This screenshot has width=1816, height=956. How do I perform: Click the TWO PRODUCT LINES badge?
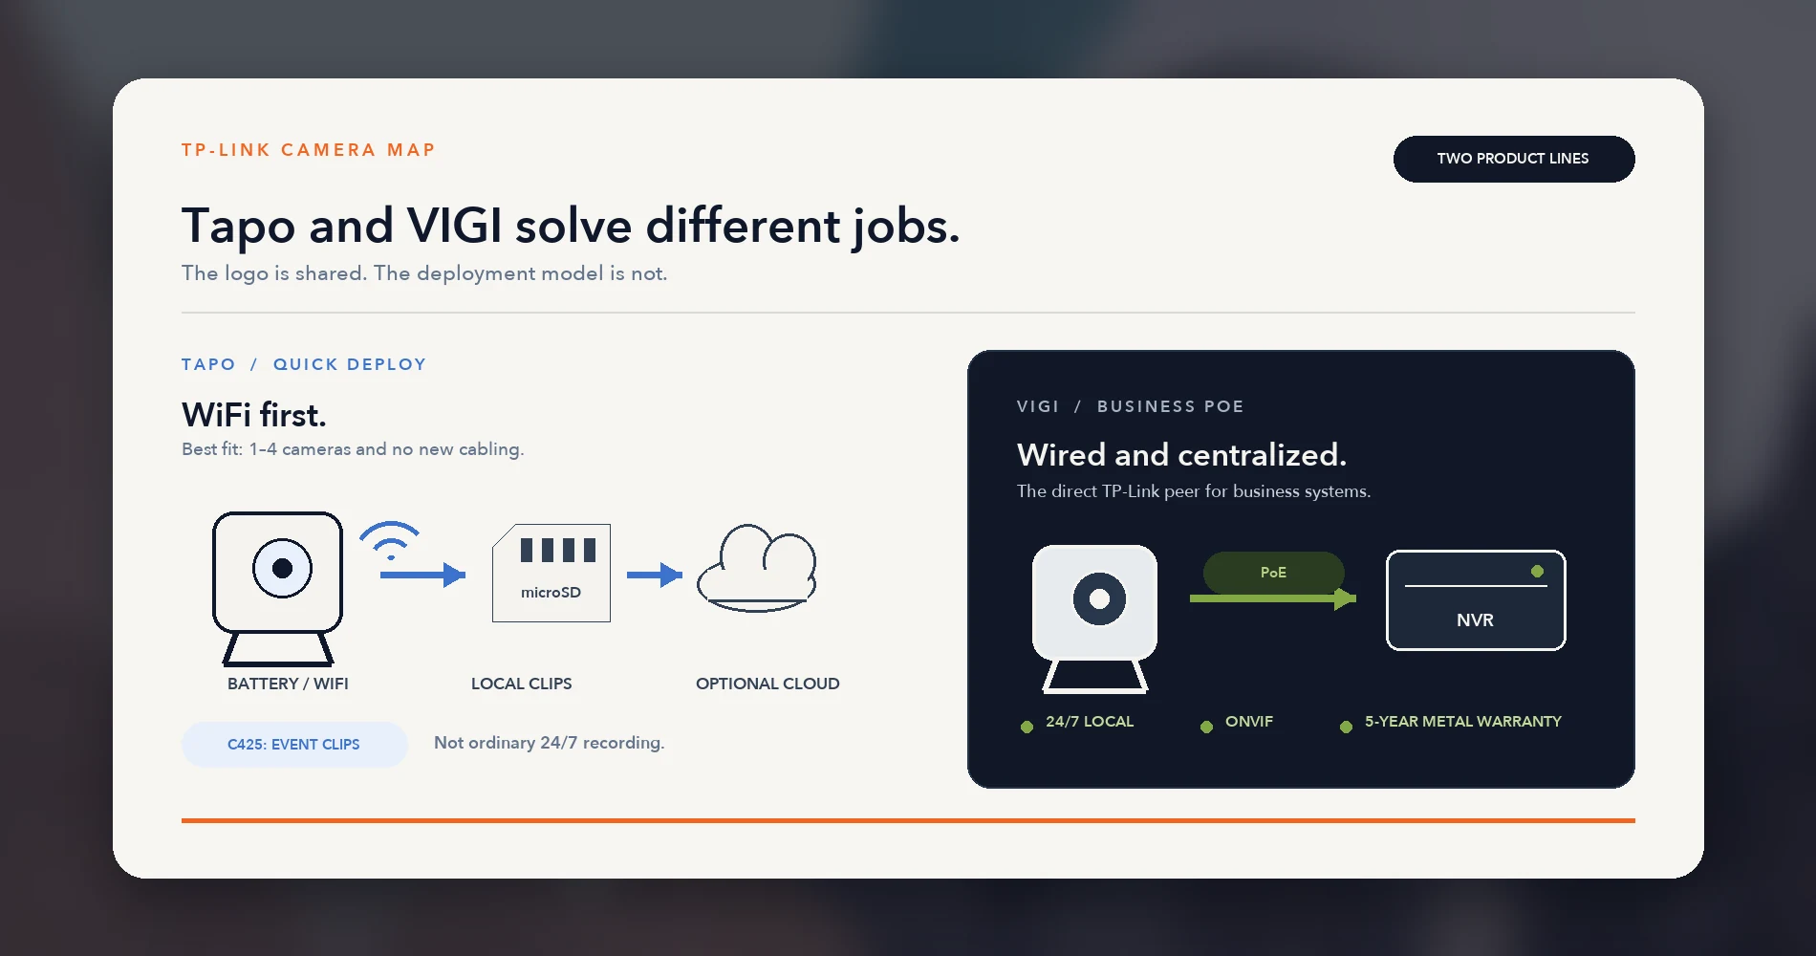pyautogui.click(x=1513, y=159)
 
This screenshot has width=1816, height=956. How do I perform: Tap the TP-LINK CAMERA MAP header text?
pyautogui.click(x=309, y=150)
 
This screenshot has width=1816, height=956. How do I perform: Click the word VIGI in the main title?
pyautogui.click(x=454, y=226)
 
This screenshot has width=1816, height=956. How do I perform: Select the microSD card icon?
pyautogui.click(x=551, y=573)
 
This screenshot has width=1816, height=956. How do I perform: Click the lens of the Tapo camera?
pyautogui.click(x=282, y=568)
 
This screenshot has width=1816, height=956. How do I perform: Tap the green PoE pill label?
pyautogui.click(x=1273, y=572)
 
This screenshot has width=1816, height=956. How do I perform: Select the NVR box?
pyautogui.click(x=1476, y=600)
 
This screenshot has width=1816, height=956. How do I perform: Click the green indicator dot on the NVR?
pyautogui.click(x=1537, y=571)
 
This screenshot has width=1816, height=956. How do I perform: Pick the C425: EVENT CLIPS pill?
pyautogui.click(x=294, y=745)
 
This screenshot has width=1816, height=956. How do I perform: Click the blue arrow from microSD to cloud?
pyautogui.click(x=655, y=575)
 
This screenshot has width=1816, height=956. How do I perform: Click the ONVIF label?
pyautogui.click(x=1249, y=722)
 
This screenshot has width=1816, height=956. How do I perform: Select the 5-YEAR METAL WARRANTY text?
pyautogui.click(x=1462, y=722)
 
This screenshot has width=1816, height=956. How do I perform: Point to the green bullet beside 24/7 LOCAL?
pyautogui.click(x=1027, y=727)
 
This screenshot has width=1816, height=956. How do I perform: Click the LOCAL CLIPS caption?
pyautogui.click(x=521, y=684)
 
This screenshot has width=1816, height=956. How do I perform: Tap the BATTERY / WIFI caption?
pyautogui.click(x=288, y=684)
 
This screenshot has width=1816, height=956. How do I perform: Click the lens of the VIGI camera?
pyautogui.click(x=1099, y=598)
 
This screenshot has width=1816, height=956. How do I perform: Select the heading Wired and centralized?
pyautogui.click(x=1181, y=455)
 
